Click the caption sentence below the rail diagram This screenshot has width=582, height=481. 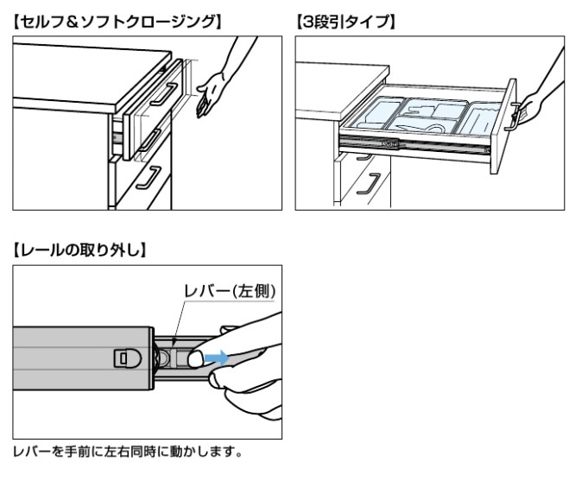[x=130, y=452]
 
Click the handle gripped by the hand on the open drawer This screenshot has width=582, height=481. [x=516, y=115]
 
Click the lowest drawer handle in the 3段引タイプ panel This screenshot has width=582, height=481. [x=373, y=183]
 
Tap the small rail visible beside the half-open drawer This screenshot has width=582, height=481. [x=115, y=136]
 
